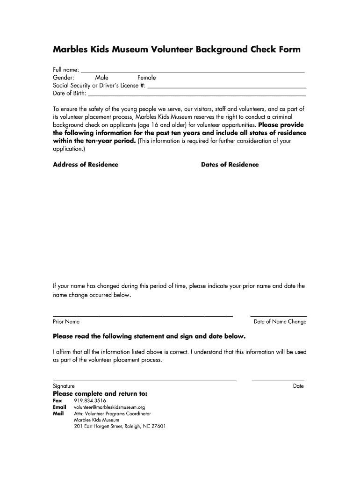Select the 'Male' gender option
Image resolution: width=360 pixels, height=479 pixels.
(101, 78)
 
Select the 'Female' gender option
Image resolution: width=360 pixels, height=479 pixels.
(146, 78)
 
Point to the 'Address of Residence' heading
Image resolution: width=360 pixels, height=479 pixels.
(86, 165)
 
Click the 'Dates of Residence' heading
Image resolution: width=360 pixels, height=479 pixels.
(230, 165)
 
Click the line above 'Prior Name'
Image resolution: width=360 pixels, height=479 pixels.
(143, 316)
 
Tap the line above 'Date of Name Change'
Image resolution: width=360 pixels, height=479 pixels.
(279, 316)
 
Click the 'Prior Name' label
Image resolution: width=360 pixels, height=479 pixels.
(66, 322)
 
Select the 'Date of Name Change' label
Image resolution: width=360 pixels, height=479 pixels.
(280, 322)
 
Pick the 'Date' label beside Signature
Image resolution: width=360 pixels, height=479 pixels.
(298, 386)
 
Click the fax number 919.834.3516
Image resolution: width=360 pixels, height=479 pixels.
(90, 401)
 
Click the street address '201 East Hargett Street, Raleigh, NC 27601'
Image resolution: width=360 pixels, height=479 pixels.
(120, 427)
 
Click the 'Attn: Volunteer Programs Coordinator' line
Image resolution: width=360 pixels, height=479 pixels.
(113, 414)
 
